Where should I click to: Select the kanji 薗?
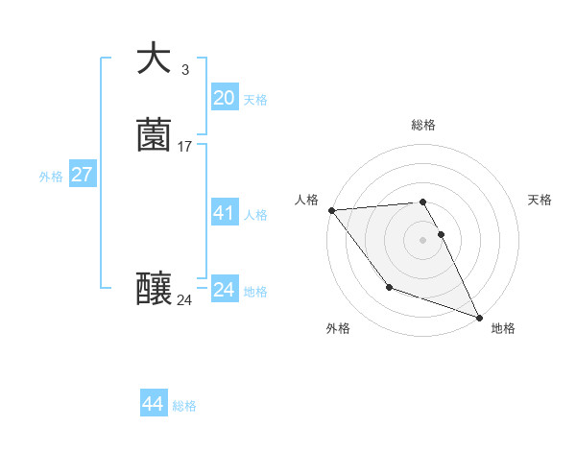coord(154,134)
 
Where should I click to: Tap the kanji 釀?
coord(154,289)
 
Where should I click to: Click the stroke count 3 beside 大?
coord(184,69)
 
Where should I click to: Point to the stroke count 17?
coord(185,147)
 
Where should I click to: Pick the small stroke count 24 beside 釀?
coord(184,300)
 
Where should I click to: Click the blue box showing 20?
coord(224,98)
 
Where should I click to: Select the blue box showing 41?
coord(224,213)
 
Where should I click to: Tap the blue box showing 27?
coord(82,175)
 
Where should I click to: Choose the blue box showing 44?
coord(154,404)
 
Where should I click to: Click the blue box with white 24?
coord(224,290)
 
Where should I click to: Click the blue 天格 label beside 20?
coord(255,100)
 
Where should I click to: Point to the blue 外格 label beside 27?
coord(51,177)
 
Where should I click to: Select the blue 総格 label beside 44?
coord(184,406)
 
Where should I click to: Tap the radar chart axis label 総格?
coord(422,125)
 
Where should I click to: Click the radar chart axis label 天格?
coord(540,200)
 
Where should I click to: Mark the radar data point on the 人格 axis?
coord(331,210)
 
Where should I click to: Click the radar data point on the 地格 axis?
coord(479,317)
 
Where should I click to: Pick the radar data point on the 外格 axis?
coord(389,287)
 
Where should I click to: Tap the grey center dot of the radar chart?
coord(422,239)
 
